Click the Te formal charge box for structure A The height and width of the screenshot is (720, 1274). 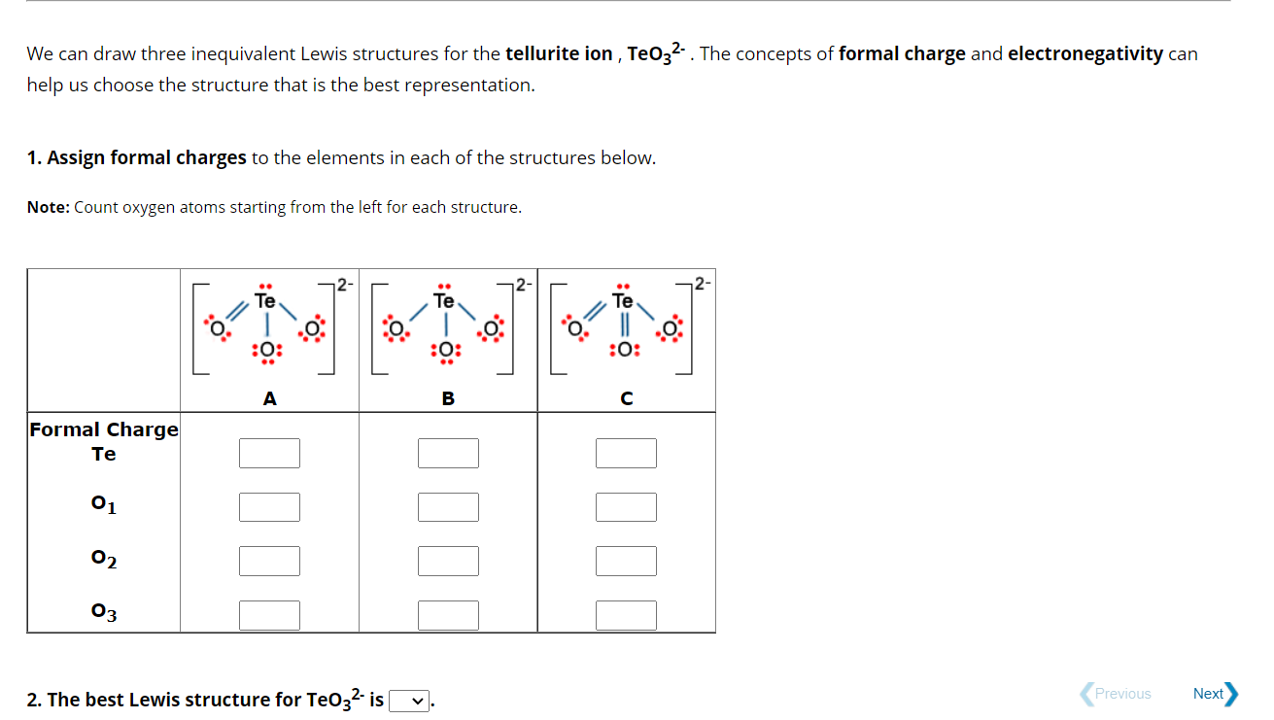pyautogui.click(x=269, y=453)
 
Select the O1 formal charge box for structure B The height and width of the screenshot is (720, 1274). pyautogui.click(x=448, y=507)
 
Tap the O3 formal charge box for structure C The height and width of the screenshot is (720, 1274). pyautogui.click(x=626, y=615)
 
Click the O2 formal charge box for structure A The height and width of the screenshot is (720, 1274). pyautogui.click(x=269, y=561)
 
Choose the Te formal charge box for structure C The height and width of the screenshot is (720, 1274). pyautogui.click(x=626, y=453)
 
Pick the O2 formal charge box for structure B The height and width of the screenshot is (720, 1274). pyautogui.click(x=448, y=561)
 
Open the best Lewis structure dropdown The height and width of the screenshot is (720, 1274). pyautogui.click(x=409, y=701)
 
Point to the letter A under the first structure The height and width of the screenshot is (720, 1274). pyautogui.click(x=269, y=398)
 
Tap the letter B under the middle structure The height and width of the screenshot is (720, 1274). pyautogui.click(x=448, y=398)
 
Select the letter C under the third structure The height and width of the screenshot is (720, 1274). pyautogui.click(x=627, y=398)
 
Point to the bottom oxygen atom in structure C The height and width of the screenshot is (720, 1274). pyautogui.click(x=623, y=350)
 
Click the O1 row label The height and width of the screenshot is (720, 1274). pyautogui.click(x=103, y=504)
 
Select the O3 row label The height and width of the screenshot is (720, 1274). pyautogui.click(x=103, y=612)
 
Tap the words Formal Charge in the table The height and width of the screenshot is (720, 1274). pyautogui.click(x=104, y=429)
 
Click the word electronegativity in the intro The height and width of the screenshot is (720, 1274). pyautogui.click(x=1085, y=53)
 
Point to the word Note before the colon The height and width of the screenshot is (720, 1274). pyautogui.click(x=47, y=207)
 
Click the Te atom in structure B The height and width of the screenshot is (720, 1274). pyautogui.click(x=444, y=300)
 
